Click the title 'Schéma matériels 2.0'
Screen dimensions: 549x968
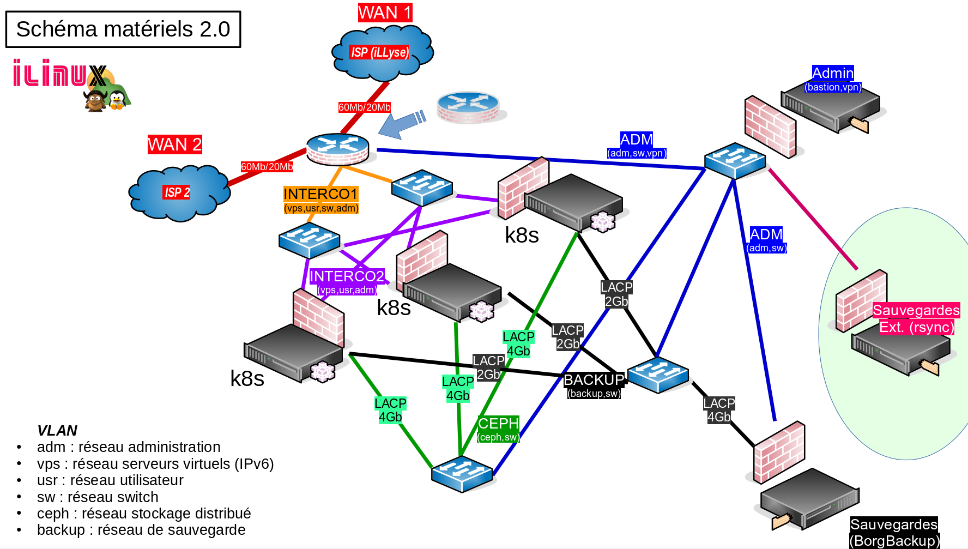[x=123, y=29]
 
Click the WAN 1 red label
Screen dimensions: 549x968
[x=385, y=13]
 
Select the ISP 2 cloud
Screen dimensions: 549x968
[x=178, y=192]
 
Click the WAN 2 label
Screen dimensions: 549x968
[x=174, y=144]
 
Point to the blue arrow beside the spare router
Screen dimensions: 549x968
[x=401, y=124]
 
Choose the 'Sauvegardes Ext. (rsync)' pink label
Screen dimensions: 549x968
[x=916, y=318]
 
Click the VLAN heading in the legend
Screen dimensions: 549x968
[x=57, y=431]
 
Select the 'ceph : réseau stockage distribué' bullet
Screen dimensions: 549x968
[x=144, y=514]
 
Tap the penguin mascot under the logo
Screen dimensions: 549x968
[x=117, y=100]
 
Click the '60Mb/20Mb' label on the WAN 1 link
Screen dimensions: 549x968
[x=364, y=107]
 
